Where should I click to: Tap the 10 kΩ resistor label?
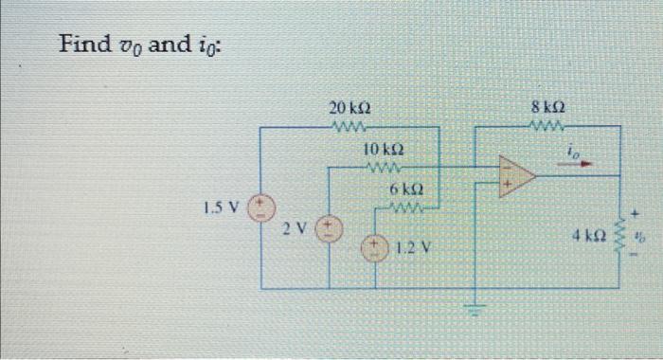click(x=384, y=150)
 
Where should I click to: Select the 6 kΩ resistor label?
click(x=405, y=189)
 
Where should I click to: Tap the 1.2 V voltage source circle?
click(x=375, y=247)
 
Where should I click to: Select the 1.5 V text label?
click(x=220, y=206)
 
